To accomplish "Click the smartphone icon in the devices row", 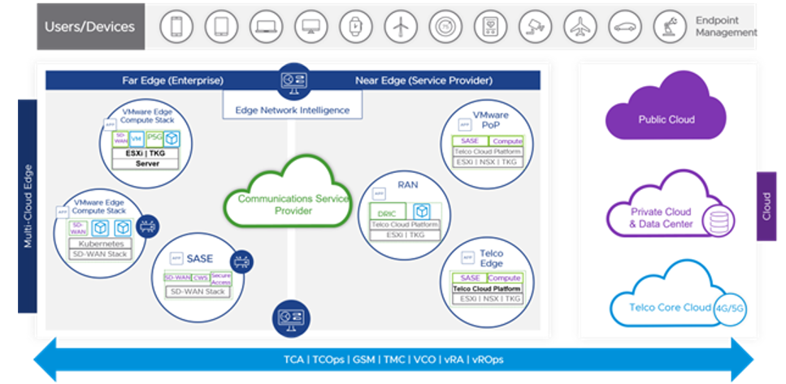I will click(176, 27).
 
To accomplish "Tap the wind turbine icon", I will click(399, 27).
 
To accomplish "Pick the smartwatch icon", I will click(354, 27).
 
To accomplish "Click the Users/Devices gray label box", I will click(90, 27).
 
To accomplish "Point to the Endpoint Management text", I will click(725, 26).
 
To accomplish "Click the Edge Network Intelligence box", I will click(292, 110).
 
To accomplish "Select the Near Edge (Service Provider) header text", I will click(423, 80).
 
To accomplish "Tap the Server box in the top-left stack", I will click(147, 163).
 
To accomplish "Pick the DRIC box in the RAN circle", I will click(387, 214).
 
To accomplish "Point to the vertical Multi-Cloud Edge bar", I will click(28, 205).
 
